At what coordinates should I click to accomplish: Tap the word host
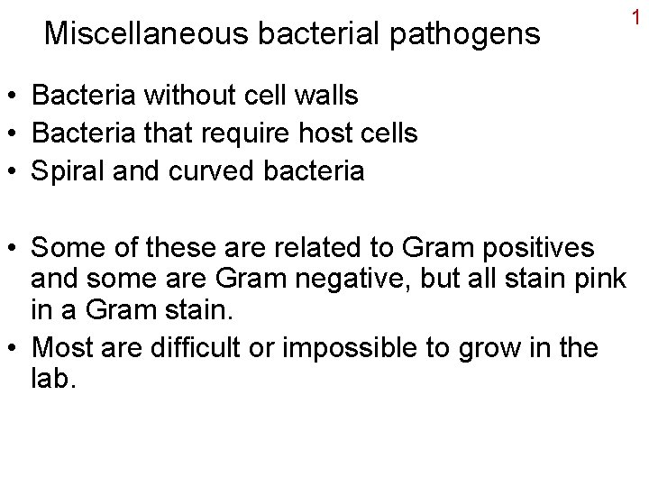click(328, 133)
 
